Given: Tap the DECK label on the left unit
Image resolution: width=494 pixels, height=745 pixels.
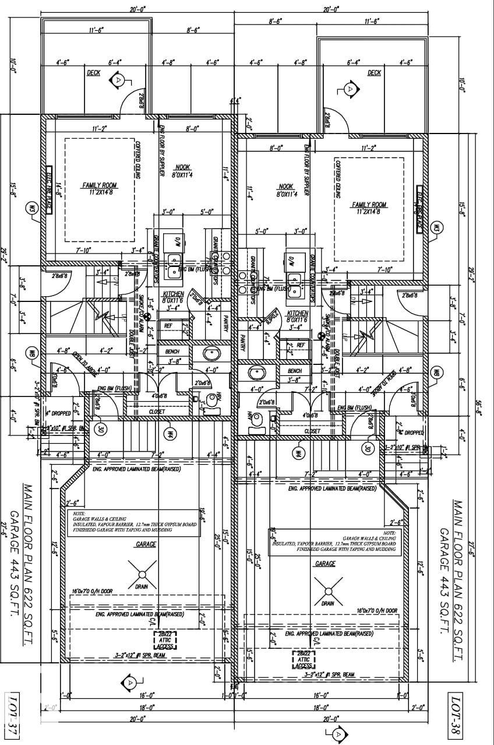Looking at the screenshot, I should point(93,73).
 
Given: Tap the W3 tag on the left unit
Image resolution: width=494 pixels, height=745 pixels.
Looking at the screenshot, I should point(32,208).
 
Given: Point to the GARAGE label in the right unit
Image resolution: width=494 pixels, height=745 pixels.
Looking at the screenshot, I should point(325,564).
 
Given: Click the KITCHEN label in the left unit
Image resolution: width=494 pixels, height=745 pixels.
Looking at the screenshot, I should point(173,294).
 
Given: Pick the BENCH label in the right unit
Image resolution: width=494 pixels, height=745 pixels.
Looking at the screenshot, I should point(295,371).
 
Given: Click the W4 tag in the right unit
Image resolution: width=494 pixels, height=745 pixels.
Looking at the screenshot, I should point(297,452).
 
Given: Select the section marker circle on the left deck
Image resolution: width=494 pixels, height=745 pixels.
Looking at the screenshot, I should point(119,79).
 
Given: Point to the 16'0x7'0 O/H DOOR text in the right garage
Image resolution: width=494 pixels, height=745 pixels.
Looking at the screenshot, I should point(377,610).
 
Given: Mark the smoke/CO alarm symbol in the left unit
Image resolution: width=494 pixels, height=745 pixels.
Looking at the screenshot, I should point(148,317).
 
